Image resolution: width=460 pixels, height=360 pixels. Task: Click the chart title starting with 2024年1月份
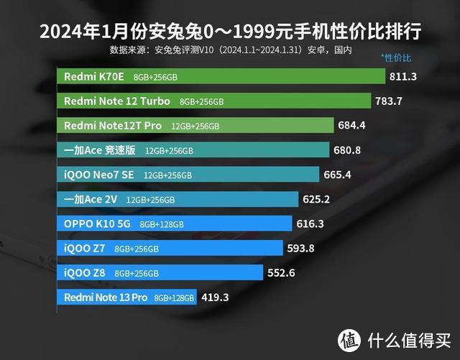pyautogui.click(x=230, y=32)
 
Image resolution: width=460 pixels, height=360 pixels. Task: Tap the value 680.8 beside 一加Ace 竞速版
pyautogui.click(x=347, y=150)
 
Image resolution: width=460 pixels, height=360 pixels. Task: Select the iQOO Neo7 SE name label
pyautogui.click(x=99, y=175)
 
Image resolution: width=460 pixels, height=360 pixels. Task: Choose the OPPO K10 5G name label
pyautogui.click(x=98, y=224)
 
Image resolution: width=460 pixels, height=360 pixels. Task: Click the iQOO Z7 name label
pyautogui.click(x=86, y=249)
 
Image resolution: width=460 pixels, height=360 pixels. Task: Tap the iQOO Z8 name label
pyautogui.click(x=86, y=273)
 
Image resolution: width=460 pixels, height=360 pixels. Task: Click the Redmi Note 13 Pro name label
pyautogui.click(x=105, y=297)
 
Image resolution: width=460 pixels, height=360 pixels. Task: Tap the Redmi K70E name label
pyautogui.click(x=95, y=77)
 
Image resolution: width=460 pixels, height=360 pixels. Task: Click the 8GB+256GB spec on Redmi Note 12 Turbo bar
pyautogui.click(x=202, y=101)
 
